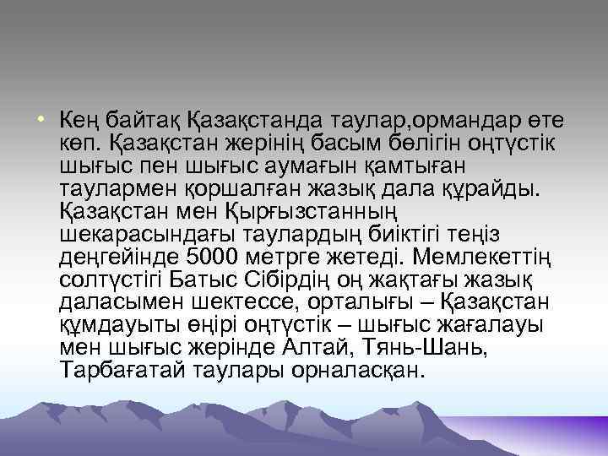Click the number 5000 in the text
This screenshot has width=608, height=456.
click(217, 256)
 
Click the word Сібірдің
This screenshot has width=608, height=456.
click(296, 279)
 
